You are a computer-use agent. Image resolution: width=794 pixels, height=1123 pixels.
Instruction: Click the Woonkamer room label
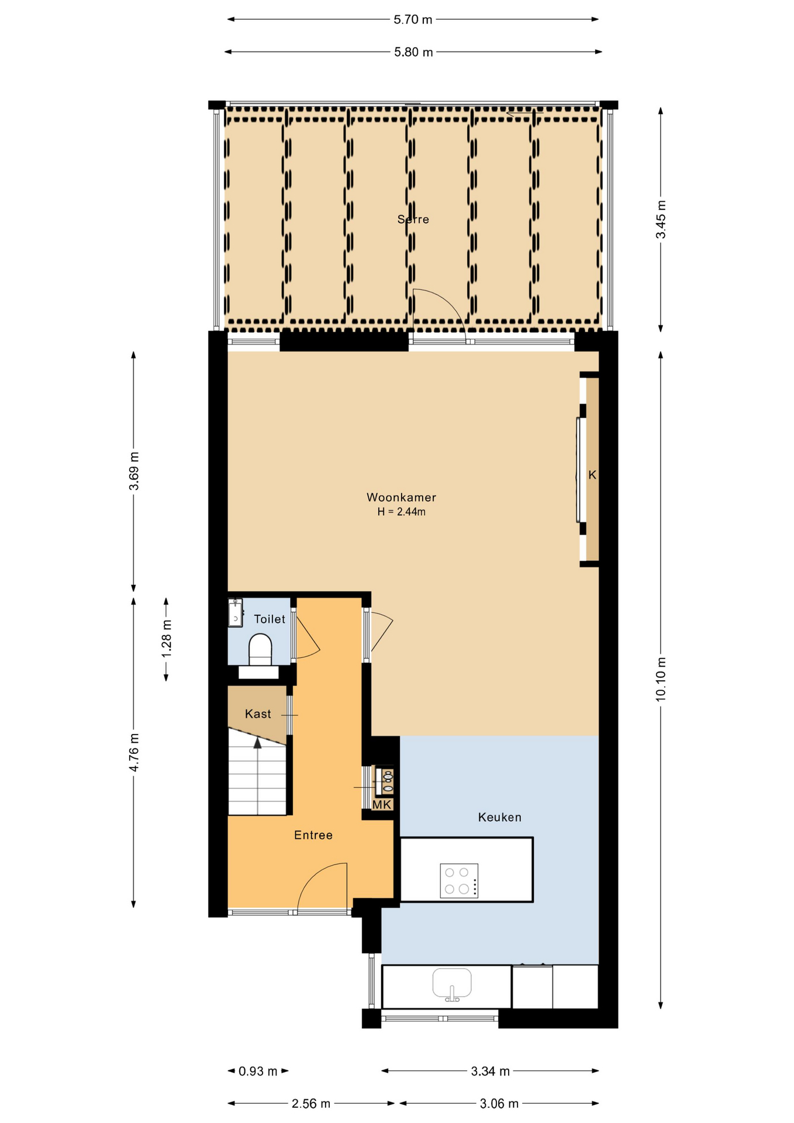[x=401, y=497]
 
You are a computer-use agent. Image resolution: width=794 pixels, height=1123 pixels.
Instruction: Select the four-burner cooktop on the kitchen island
[x=459, y=880]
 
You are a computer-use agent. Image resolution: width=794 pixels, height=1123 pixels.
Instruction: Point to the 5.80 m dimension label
[x=413, y=52]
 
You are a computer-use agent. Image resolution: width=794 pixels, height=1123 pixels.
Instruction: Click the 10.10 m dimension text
[x=661, y=679]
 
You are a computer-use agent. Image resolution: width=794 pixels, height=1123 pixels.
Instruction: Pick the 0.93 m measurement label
[x=258, y=1072]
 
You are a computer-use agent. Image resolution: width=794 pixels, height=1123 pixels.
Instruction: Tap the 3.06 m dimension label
[x=499, y=1104]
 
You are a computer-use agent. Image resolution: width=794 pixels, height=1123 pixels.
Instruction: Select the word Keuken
[x=499, y=817]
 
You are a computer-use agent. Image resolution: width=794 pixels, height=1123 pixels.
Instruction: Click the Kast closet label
[x=258, y=714]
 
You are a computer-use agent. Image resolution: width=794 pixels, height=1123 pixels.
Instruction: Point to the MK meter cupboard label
[x=382, y=805]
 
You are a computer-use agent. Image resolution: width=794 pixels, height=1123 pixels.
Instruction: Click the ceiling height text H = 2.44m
[x=401, y=512]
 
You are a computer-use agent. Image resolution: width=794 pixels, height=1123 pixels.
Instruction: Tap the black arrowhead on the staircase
[x=257, y=743]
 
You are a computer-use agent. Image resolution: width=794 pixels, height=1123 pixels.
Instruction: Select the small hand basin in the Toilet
[x=235, y=612]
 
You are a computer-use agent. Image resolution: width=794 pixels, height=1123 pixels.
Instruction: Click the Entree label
[x=313, y=835]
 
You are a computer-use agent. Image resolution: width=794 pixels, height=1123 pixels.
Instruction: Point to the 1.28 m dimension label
[x=167, y=638]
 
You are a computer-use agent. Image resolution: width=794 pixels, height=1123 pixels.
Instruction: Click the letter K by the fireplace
[x=592, y=475]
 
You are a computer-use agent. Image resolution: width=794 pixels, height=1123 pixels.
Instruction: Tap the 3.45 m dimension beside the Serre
[x=661, y=219]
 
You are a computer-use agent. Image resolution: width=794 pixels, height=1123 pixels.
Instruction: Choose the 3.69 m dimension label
[x=134, y=471]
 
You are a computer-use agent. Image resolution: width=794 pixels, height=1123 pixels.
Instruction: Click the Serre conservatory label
[x=413, y=219]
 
